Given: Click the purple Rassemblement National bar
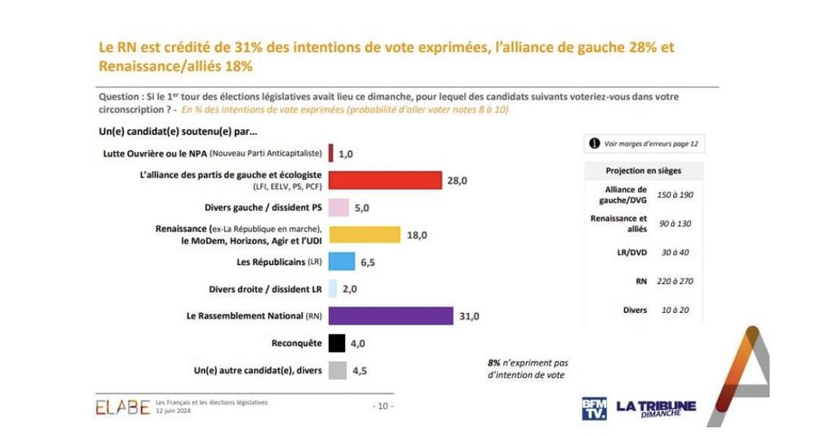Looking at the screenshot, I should click(390, 316).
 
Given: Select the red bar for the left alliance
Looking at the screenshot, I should click(385, 181).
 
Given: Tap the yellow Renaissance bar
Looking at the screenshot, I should click(364, 234).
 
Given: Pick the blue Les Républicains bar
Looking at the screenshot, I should click(341, 261).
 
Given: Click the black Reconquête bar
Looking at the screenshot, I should click(336, 343).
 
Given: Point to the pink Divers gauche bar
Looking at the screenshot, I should click(339, 207).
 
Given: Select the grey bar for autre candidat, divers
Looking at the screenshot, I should click(337, 369).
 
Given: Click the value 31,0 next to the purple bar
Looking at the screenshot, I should click(470, 316).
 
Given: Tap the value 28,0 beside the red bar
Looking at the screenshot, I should click(457, 181).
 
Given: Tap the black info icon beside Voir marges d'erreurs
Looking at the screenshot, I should click(594, 142).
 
